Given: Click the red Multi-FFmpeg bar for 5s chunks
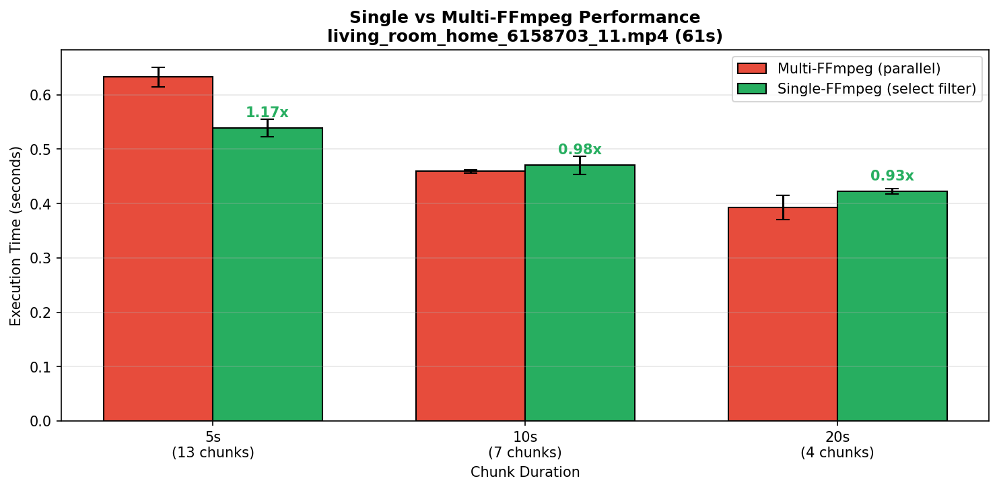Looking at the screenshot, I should coord(158,249).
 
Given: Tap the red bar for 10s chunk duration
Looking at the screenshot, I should coord(471,296).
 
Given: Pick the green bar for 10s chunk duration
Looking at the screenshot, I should coord(580,293).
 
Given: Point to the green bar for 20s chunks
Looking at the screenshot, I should coord(892,306).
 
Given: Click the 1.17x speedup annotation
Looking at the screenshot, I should coord(267,113).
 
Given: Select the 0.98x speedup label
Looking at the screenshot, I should coord(580,150).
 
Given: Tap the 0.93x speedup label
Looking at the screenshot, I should coord(892,176).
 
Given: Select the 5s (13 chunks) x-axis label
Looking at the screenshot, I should coord(213,445).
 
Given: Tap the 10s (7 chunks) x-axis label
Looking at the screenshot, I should coord(525,445).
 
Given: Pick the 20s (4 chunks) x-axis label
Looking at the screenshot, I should coord(837,445).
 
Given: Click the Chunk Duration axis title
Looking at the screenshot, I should coord(525,472).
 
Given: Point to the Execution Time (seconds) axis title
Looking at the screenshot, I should coord(16,236).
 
